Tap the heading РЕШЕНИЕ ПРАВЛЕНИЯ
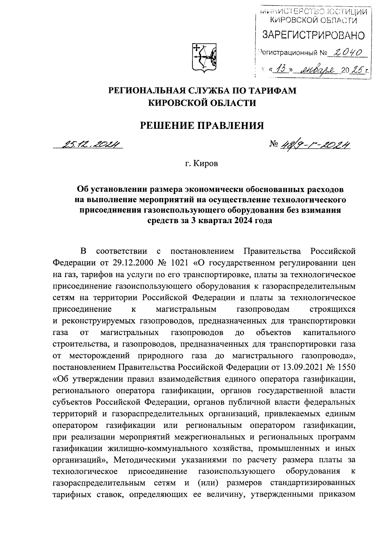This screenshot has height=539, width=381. pyautogui.click(x=202, y=125)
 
